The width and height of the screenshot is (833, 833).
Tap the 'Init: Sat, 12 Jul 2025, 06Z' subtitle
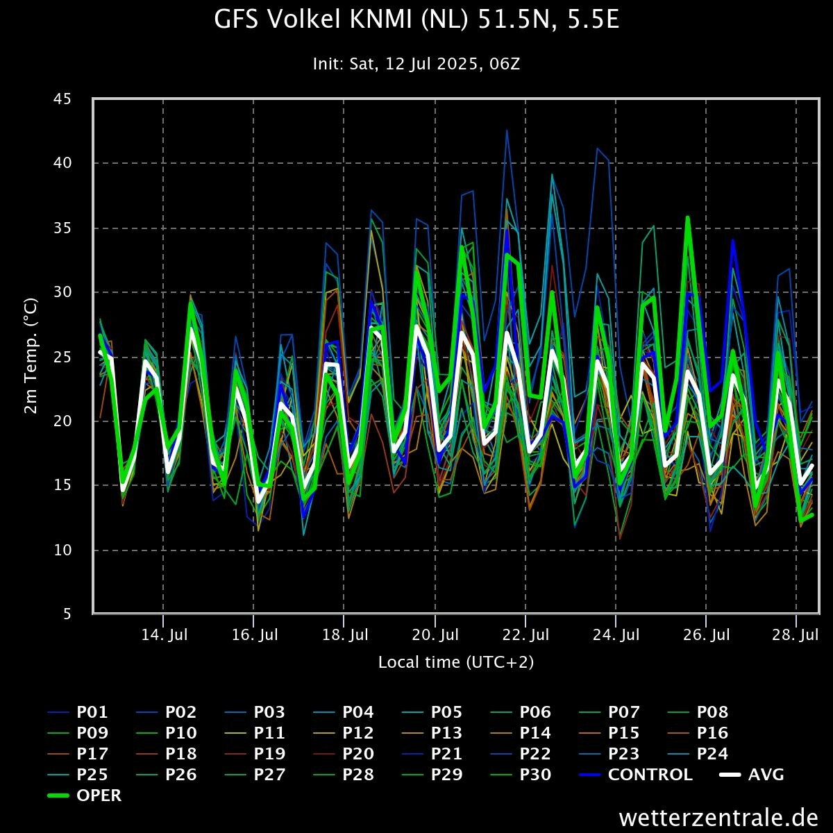click(x=416, y=64)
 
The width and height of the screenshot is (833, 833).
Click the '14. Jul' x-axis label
click(x=164, y=634)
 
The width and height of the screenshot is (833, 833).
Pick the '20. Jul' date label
click(x=435, y=634)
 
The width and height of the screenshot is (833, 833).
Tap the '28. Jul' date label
click(x=795, y=634)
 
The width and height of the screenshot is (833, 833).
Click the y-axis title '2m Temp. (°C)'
click(x=31, y=356)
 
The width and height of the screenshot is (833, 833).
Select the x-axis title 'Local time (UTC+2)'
click(x=456, y=662)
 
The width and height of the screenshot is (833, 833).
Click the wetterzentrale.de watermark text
click(x=718, y=817)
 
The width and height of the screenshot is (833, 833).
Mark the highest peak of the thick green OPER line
click(x=687, y=217)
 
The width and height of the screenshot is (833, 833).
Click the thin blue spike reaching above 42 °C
click(x=507, y=130)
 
